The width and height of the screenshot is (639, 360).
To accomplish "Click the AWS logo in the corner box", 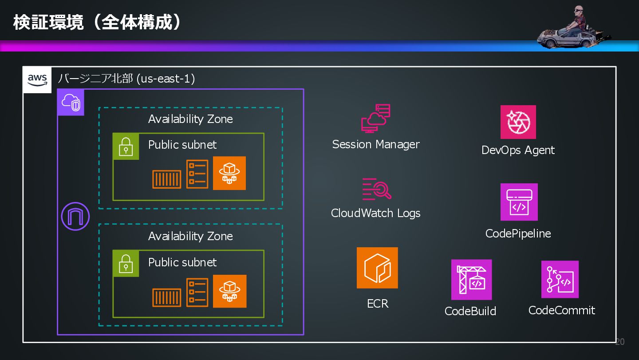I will point(37,80).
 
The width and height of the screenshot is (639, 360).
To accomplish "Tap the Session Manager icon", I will point(376,119).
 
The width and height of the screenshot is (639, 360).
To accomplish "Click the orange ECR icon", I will point(377,268).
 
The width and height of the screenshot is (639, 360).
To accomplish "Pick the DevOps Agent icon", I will point(518,122).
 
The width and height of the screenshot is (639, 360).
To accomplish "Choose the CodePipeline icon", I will point(519,202).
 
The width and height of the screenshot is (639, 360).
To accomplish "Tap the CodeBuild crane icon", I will point(471,280).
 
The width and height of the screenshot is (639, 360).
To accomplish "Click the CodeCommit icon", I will point(560,279).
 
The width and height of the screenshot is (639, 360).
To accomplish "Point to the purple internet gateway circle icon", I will point(75,217).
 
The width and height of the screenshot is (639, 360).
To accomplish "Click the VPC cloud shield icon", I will point(71,103).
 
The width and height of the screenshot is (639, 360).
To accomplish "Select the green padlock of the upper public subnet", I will point(126,146).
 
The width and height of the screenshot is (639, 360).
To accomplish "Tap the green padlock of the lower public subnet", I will point(126,263).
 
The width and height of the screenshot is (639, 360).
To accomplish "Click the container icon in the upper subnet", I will point(167,179).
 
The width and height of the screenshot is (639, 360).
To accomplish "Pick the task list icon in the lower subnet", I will point(197,292).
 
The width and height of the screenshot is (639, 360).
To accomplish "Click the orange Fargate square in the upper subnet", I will point(229,173).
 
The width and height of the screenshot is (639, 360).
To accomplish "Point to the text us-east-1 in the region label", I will point(166,79).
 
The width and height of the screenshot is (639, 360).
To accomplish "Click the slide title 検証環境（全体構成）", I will point(98,22).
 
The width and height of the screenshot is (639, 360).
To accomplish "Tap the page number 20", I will point(620,342).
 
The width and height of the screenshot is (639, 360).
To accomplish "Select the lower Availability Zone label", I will point(190,236).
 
